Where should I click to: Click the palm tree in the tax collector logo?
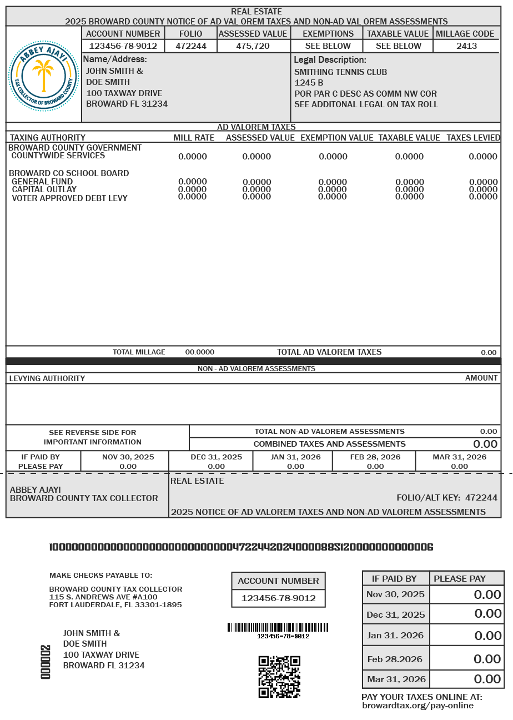point(43,76)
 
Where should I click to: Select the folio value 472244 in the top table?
point(191,46)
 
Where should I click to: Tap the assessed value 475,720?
point(253,46)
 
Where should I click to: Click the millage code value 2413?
point(466,46)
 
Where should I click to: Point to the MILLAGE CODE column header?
point(465,34)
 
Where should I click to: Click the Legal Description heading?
point(330,59)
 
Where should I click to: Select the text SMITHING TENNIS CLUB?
point(340,72)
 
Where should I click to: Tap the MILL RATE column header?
point(194,138)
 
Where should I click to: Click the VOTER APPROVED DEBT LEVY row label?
point(69,198)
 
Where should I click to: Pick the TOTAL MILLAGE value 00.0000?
point(199,352)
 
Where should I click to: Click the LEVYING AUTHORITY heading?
point(47,378)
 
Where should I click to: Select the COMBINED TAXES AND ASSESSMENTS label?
point(329,444)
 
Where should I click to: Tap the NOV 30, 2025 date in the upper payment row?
point(128,457)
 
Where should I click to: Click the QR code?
point(279,677)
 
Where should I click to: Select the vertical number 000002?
point(46,662)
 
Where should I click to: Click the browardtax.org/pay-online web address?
point(418,706)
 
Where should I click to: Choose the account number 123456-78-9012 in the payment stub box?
point(278,598)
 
